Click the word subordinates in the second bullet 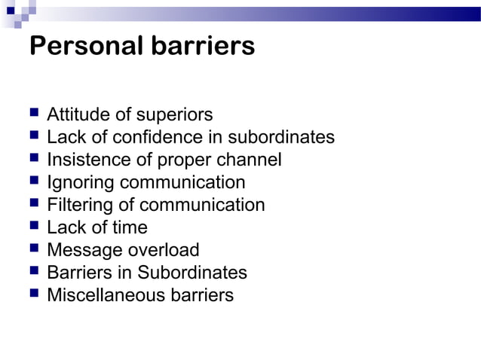coord(281,138)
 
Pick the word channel coord(250,160)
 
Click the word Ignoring coord(81,182)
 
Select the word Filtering coord(80,205)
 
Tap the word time coord(130,227)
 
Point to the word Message coord(81,250)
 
